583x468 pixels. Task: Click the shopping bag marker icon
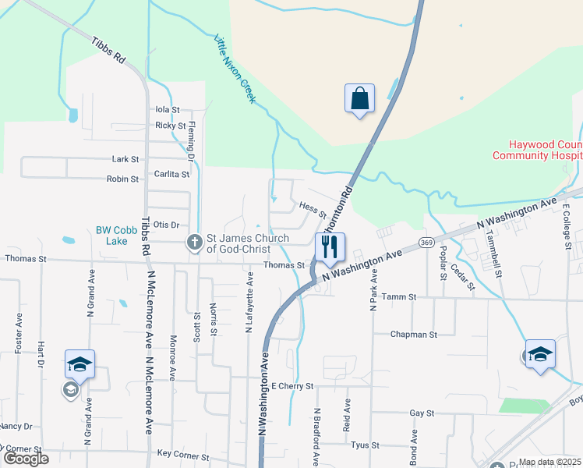pyautogui.click(x=359, y=99)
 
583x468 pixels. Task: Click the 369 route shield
pyautogui.click(x=426, y=243)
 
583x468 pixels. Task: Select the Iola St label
pyautogui.click(x=168, y=110)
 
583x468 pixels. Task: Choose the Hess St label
pyautogui.click(x=312, y=208)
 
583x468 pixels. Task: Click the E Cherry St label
pyautogui.click(x=292, y=386)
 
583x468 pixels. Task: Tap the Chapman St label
pyautogui.click(x=414, y=335)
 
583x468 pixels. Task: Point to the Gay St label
pyautogui.click(x=420, y=413)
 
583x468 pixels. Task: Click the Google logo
pyautogui.click(x=25, y=459)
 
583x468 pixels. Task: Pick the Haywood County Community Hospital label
pyautogui.click(x=537, y=150)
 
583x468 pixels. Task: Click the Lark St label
pyautogui.click(x=125, y=159)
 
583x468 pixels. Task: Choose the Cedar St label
pyautogui.click(x=462, y=277)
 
